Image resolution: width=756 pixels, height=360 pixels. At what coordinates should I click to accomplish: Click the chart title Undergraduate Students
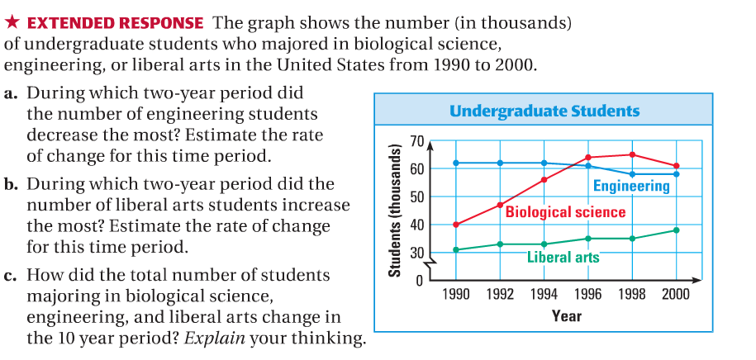(544, 111)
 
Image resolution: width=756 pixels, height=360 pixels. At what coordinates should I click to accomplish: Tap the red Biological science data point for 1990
(456, 225)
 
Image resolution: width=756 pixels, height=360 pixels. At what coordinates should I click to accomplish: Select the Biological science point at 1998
(632, 154)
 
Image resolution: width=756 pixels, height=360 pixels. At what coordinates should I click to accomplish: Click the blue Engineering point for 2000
(677, 173)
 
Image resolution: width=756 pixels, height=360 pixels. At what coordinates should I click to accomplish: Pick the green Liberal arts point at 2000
(677, 230)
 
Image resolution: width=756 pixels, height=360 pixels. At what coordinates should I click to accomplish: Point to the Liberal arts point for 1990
(456, 249)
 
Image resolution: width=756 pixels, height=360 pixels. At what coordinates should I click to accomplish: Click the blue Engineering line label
(631, 187)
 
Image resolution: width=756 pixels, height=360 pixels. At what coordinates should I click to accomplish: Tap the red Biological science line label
(565, 212)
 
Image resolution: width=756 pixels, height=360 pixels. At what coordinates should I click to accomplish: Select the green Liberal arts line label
(563, 257)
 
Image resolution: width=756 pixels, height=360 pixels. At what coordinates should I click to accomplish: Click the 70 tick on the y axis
(416, 142)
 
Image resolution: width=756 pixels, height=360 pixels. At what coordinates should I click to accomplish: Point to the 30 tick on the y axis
(416, 253)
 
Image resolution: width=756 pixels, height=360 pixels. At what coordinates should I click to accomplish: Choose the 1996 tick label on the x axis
(588, 295)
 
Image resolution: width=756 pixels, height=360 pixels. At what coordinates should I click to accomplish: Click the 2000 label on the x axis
(676, 295)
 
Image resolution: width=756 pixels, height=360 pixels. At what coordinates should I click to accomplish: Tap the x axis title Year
(566, 316)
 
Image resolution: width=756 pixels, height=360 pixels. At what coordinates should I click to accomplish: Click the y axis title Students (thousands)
(395, 210)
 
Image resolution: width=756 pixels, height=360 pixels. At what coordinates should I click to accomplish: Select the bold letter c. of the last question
(11, 276)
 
